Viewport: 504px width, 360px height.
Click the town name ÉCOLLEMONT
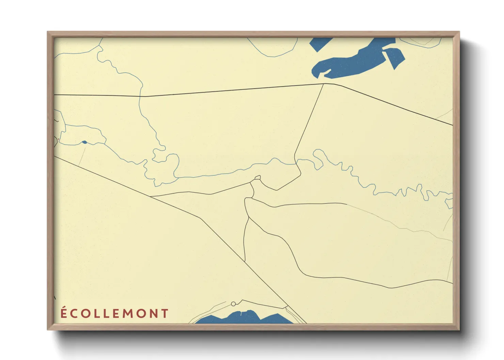pyautogui.click(x=114, y=313)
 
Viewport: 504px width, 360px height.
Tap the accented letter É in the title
pyautogui.click(x=64, y=313)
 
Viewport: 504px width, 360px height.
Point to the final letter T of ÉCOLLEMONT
pyautogui.click(x=165, y=314)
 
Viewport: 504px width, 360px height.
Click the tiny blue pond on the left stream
pyautogui.click(x=84, y=142)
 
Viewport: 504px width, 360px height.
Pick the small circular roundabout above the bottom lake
pyautogui.click(x=233, y=304)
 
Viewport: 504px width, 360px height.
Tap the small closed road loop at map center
pyautogui.click(x=257, y=178)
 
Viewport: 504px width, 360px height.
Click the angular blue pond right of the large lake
pyautogui.click(x=394, y=57)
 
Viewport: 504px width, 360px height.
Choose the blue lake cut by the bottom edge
pyautogui.click(x=243, y=318)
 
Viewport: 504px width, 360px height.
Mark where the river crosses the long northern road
pyautogui.click(x=140, y=96)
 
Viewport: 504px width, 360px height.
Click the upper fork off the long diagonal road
pyautogui.click(x=151, y=197)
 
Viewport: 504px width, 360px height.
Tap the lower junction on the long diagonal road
pyautogui.click(x=245, y=261)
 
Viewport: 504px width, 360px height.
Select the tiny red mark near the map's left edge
pyautogui.click(x=59, y=139)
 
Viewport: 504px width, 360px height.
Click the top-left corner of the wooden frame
pyautogui.click(x=48, y=32)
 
